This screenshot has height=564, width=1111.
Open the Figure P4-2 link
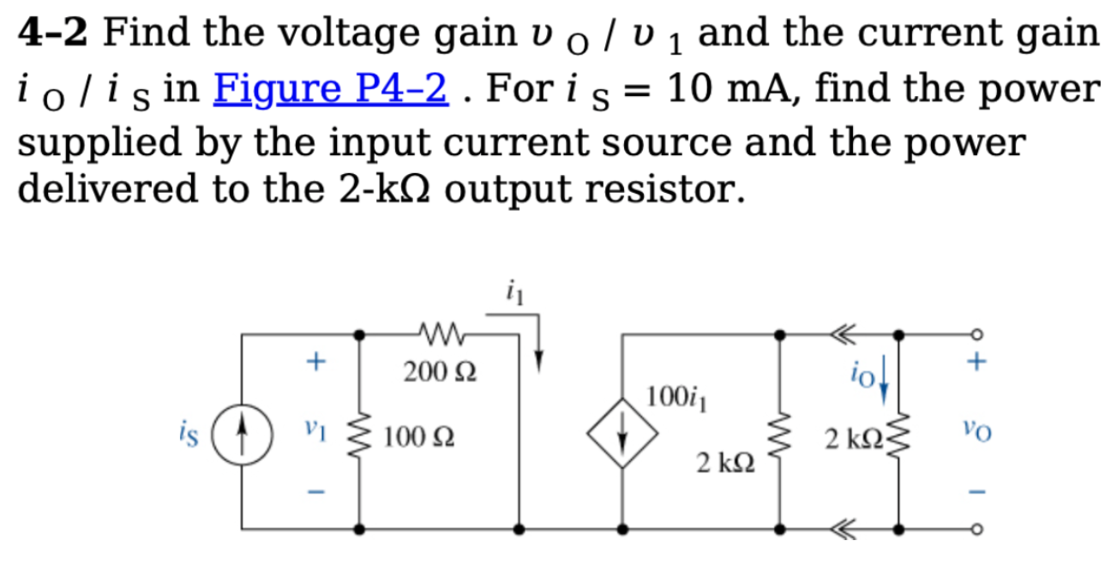coord(332,88)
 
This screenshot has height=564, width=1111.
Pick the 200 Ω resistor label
coord(441,372)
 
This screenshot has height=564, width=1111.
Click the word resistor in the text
coord(649,189)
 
